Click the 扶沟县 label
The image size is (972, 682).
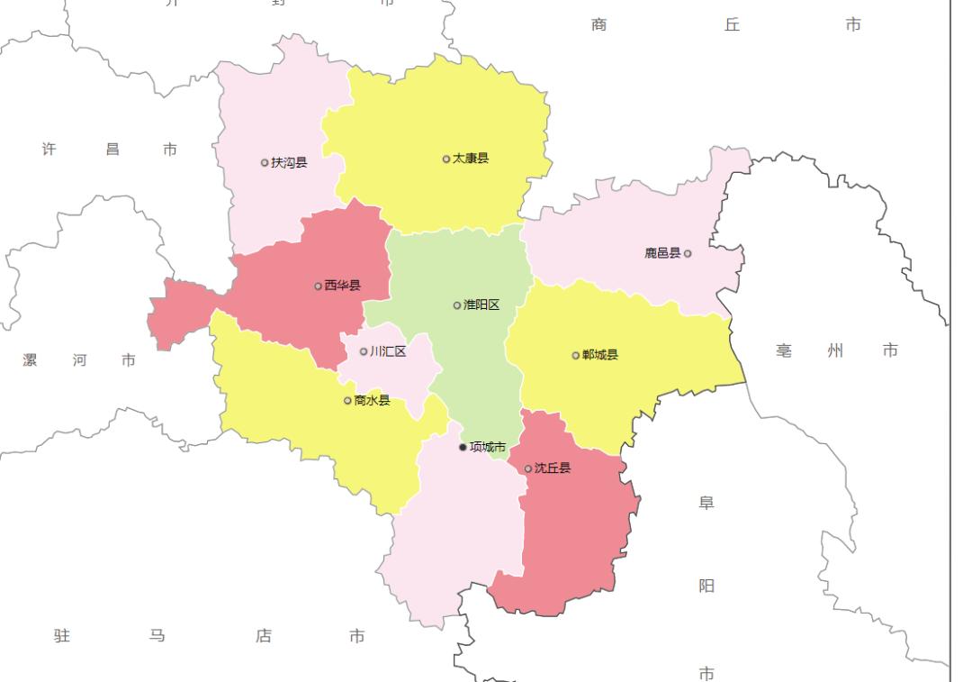point(289,163)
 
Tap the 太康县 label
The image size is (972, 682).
point(471,159)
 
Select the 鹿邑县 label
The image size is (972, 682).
point(662,253)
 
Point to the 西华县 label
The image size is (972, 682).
point(342,286)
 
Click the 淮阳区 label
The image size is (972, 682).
point(481,305)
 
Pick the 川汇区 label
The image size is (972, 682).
point(388,351)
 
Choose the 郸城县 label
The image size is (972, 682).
point(600,355)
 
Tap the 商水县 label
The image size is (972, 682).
point(372,400)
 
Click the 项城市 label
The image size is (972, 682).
point(488,447)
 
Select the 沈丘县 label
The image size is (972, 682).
point(553,468)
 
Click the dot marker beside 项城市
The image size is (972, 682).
point(463,447)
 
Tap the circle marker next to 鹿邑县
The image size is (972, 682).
point(688,253)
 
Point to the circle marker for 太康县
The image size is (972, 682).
point(445,159)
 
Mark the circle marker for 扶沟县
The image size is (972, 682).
point(264,163)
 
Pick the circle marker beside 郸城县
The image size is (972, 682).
point(575,355)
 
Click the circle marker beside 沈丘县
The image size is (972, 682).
point(527,468)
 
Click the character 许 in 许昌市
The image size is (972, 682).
point(49,150)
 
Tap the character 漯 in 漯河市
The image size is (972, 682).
point(31,360)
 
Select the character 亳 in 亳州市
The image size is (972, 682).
point(784,350)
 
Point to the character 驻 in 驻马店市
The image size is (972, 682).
point(61,636)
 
